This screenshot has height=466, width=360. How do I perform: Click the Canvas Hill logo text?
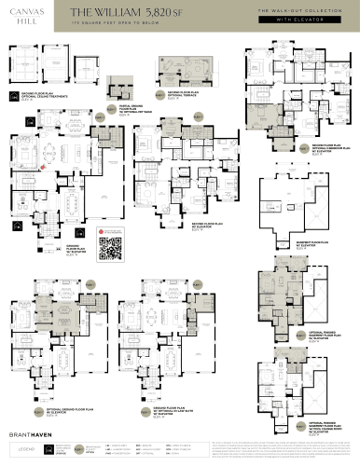pyautogui.click(x=28, y=19)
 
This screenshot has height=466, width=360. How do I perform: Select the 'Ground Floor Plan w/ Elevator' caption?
pyautogui.click(x=71, y=250)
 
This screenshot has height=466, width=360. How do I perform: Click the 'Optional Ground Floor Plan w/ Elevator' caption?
pyautogui.click(x=65, y=410)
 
